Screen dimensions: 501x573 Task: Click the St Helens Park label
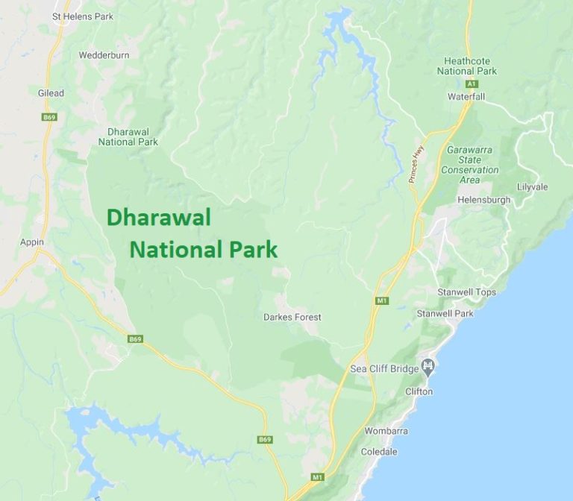tap(83, 16)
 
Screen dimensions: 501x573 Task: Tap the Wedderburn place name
tap(104, 55)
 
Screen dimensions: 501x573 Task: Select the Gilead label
tap(51, 93)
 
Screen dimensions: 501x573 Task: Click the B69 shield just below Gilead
tap(50, 117)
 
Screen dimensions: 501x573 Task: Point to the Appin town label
tap(32, 242)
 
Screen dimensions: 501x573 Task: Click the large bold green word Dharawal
tap(158, 218)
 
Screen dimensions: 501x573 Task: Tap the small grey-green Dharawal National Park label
tap(128, 136)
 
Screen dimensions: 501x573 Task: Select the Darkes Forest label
tap(292, 317)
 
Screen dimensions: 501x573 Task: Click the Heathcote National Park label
tap(470, 66)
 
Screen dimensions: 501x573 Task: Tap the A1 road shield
tap(472, 84)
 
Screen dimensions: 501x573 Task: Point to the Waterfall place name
tap(466, 97)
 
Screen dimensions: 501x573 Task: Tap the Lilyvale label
tap(533, 186)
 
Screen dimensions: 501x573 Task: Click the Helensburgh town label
tap(485, 200)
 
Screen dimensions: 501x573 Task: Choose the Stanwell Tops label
tap(466, 292)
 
